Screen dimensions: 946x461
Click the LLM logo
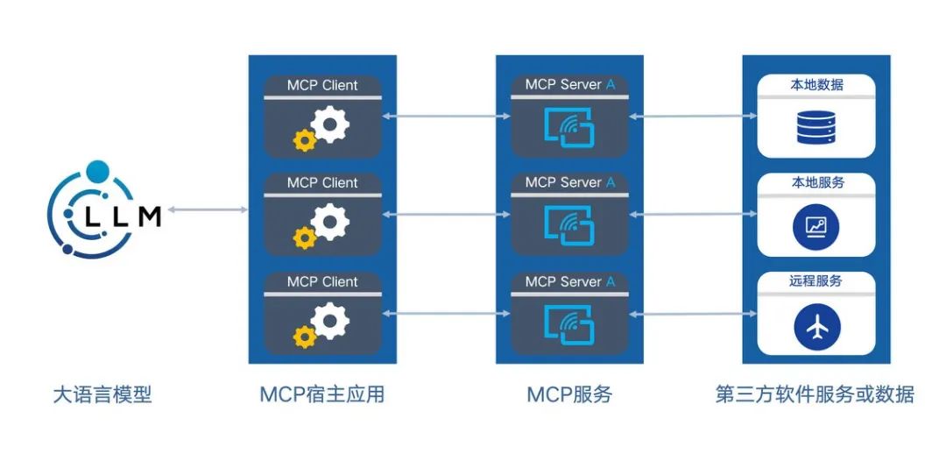103,209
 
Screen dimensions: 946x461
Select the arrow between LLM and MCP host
208,210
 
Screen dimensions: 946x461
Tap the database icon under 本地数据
815,127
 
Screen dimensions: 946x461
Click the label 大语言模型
102,395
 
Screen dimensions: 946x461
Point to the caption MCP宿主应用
322,394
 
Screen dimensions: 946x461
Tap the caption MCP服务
569,394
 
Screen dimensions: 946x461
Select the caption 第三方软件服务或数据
815,394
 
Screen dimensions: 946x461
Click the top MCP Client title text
322,85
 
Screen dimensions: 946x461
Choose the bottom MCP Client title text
322,282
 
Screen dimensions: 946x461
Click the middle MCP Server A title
570,182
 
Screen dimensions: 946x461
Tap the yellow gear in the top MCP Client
305,140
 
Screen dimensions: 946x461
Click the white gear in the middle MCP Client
329,222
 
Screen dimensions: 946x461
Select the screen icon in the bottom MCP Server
569,324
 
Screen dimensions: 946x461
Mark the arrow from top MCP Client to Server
447,116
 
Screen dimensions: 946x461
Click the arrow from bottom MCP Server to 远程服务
693,314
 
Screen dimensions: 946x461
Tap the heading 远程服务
815,280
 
